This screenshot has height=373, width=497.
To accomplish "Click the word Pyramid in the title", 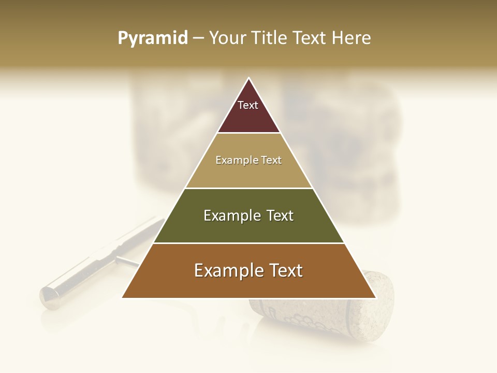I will pos(152,38).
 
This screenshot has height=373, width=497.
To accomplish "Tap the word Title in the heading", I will pos(269,38).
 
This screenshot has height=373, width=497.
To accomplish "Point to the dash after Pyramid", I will pos(198,38).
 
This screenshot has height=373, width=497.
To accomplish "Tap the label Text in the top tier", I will pos(248,105).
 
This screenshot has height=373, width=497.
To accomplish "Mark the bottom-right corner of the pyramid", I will pos(375,297).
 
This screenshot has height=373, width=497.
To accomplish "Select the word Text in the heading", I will pos(311,38).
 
